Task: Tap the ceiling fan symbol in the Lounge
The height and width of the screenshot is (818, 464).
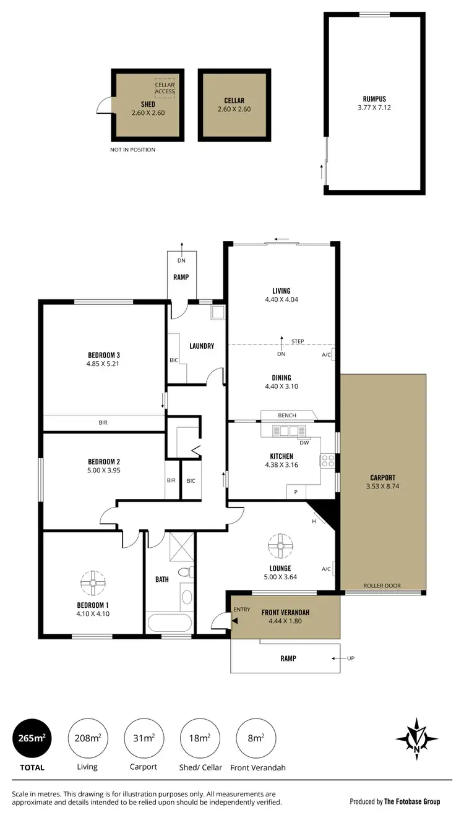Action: click(x=280, y=545)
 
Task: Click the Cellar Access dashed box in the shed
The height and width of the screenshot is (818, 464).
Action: click(x=165, y=88)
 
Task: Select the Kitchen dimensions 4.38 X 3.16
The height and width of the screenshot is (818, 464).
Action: click(x=281, y=465)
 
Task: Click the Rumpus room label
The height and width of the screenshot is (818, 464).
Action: click(x=375, y=99)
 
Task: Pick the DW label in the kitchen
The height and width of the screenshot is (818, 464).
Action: click(x=304, y=442)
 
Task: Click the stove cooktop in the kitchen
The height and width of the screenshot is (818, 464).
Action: click(x=327, y=461)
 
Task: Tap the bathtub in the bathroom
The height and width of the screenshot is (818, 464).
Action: click(x=169, y=621)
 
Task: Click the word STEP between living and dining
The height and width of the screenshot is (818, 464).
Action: click(x=297, y=341)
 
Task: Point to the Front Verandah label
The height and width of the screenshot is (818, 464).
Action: click(x=285, y=613)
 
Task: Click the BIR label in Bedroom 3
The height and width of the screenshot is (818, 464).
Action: click(x=103, y=424)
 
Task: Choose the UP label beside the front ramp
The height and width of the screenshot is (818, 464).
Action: click(x=351, y=658)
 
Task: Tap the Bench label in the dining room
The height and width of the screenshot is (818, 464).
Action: click(x=287, y=415)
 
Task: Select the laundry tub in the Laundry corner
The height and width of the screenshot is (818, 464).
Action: click(x=217, y=312)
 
